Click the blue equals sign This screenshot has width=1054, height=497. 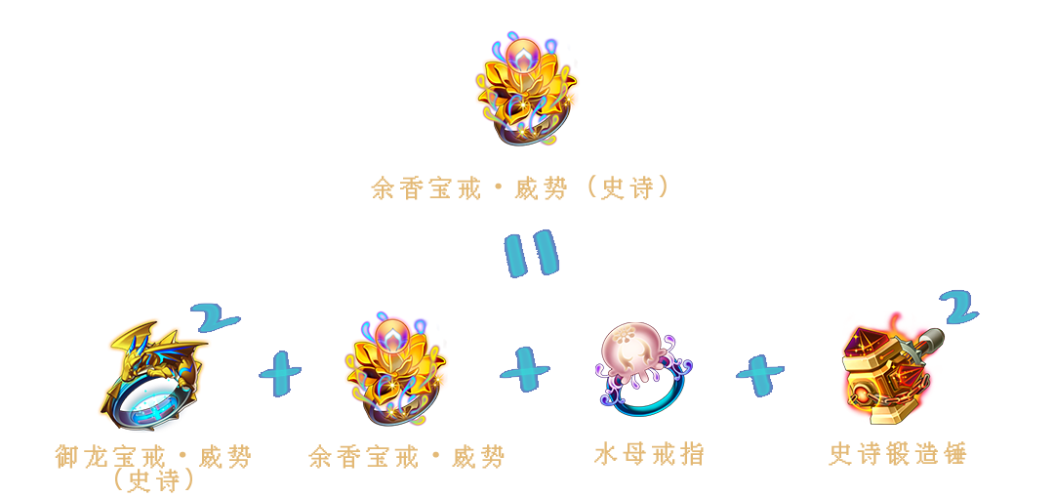(531, 254)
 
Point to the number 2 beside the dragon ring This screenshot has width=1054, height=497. (214, 316)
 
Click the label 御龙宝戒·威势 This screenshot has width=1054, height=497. (153, 457)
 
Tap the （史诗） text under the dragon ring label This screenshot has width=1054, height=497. (154, 480)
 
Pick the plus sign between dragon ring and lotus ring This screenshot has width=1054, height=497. (280, 372)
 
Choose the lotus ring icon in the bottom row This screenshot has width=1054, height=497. (396, 368)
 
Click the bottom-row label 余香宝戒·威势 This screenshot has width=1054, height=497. (406, 458)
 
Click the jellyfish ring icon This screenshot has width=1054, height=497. (643, 369)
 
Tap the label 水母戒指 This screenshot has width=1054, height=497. (649, 455)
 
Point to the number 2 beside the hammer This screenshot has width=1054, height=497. (958, 309)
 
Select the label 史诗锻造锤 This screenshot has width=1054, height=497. (898, 455)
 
